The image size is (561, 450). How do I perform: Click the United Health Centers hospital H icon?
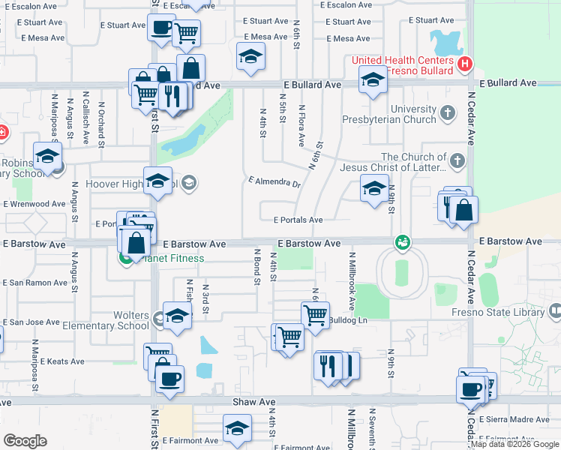point(465,64)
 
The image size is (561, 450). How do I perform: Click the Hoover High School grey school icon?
point(189,181)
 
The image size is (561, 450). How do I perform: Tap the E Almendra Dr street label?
point(274,182)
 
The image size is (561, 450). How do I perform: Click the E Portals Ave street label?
point(298,220)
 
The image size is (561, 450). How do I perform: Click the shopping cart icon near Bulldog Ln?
point(316,313)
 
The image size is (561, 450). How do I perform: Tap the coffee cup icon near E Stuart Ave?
point(160,28)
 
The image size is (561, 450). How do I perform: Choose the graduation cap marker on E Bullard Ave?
point(372,79)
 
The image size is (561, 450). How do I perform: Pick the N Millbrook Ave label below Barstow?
point(350,281)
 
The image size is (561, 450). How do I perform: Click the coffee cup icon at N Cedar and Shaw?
point(470,388)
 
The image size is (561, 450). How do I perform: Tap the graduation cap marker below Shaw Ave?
point(237,428)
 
